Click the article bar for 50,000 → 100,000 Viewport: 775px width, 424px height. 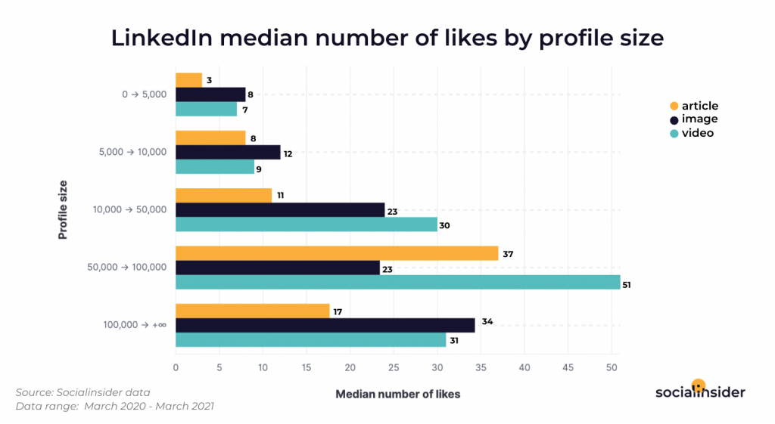337,253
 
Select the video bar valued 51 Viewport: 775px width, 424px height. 397,282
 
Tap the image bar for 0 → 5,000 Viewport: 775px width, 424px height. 210,94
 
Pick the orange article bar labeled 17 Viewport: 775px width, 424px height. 253,311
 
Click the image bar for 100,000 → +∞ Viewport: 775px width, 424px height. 325,325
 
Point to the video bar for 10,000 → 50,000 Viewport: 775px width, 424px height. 307,224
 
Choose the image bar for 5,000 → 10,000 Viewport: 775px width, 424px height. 228,153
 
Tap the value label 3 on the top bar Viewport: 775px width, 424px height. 209,80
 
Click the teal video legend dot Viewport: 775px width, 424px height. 674,133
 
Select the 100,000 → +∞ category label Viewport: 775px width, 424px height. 135,325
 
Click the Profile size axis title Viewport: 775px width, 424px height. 63,209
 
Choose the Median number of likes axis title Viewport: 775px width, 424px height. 397,394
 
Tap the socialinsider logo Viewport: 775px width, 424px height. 700,390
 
